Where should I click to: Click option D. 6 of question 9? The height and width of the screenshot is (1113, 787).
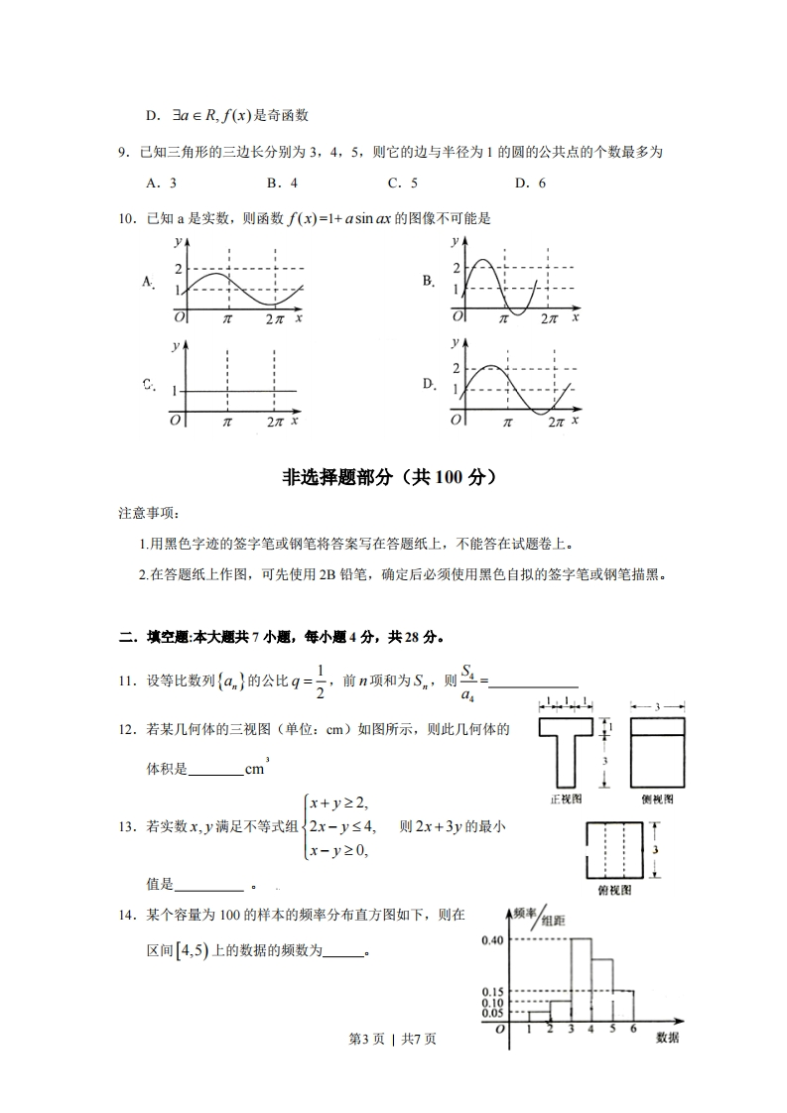(530, 183)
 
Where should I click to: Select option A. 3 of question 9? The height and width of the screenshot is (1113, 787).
(161, 183)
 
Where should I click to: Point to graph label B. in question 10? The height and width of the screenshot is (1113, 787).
(429, 281)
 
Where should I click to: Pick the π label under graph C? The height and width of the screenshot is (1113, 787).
(227, 422)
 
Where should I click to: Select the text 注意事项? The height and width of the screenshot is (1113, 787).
(147, 514)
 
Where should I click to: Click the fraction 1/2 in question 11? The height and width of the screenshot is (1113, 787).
(320, 682)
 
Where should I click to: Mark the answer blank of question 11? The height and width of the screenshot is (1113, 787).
(534, 680)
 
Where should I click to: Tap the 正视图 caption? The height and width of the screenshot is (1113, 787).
(566, 798)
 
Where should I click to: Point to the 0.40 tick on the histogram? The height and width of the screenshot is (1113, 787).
(492, 938)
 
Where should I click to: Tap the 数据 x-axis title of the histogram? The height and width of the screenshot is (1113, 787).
(667, 1038)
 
